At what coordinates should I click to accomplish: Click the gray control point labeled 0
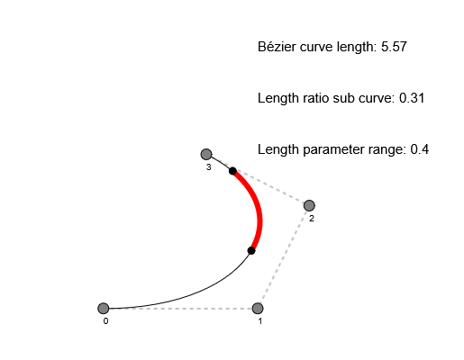(104, 309)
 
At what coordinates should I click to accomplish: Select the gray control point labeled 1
(258, 309)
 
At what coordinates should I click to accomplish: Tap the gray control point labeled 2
(309, 205)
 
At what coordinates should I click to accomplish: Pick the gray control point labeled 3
(206, 155)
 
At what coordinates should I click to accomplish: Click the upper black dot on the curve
(232, 171)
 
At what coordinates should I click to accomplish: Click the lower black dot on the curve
(251, 250)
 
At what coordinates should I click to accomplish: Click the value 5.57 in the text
(395, 47)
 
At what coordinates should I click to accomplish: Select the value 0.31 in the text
(411, 98)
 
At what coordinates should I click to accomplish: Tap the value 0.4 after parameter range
(419, 149)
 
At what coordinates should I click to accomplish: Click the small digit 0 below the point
(105, 321)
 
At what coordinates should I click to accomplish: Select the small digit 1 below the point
(259, 321)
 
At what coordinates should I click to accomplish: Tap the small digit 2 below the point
(311, 218)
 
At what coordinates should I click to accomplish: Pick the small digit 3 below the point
(208, 167)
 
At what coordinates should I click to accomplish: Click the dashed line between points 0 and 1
(180, 309)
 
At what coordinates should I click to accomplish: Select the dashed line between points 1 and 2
(283, 257)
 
